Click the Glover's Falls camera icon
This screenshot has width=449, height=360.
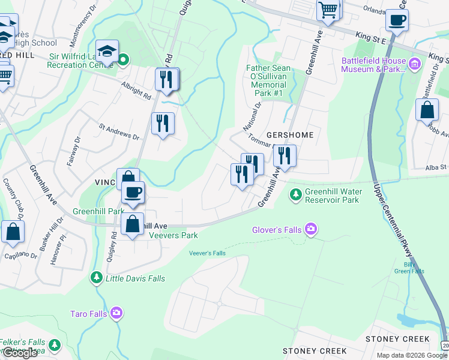point(310,228)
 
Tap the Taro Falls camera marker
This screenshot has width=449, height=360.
point(116,313)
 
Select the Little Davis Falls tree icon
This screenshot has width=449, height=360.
point(96,278)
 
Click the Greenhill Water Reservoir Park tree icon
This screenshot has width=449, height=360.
point(295,194)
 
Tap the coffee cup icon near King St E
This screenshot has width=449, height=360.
point(397,20)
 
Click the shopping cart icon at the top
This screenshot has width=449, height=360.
point(328,9)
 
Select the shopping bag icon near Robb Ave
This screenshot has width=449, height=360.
point(427,110)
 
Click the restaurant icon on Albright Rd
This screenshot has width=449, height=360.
point(166,79)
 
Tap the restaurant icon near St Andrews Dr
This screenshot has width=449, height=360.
point(163,123)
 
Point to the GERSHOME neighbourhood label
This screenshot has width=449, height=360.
point(291,135)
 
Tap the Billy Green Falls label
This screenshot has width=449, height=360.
point(409,268)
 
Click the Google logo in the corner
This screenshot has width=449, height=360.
point(20,353)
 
